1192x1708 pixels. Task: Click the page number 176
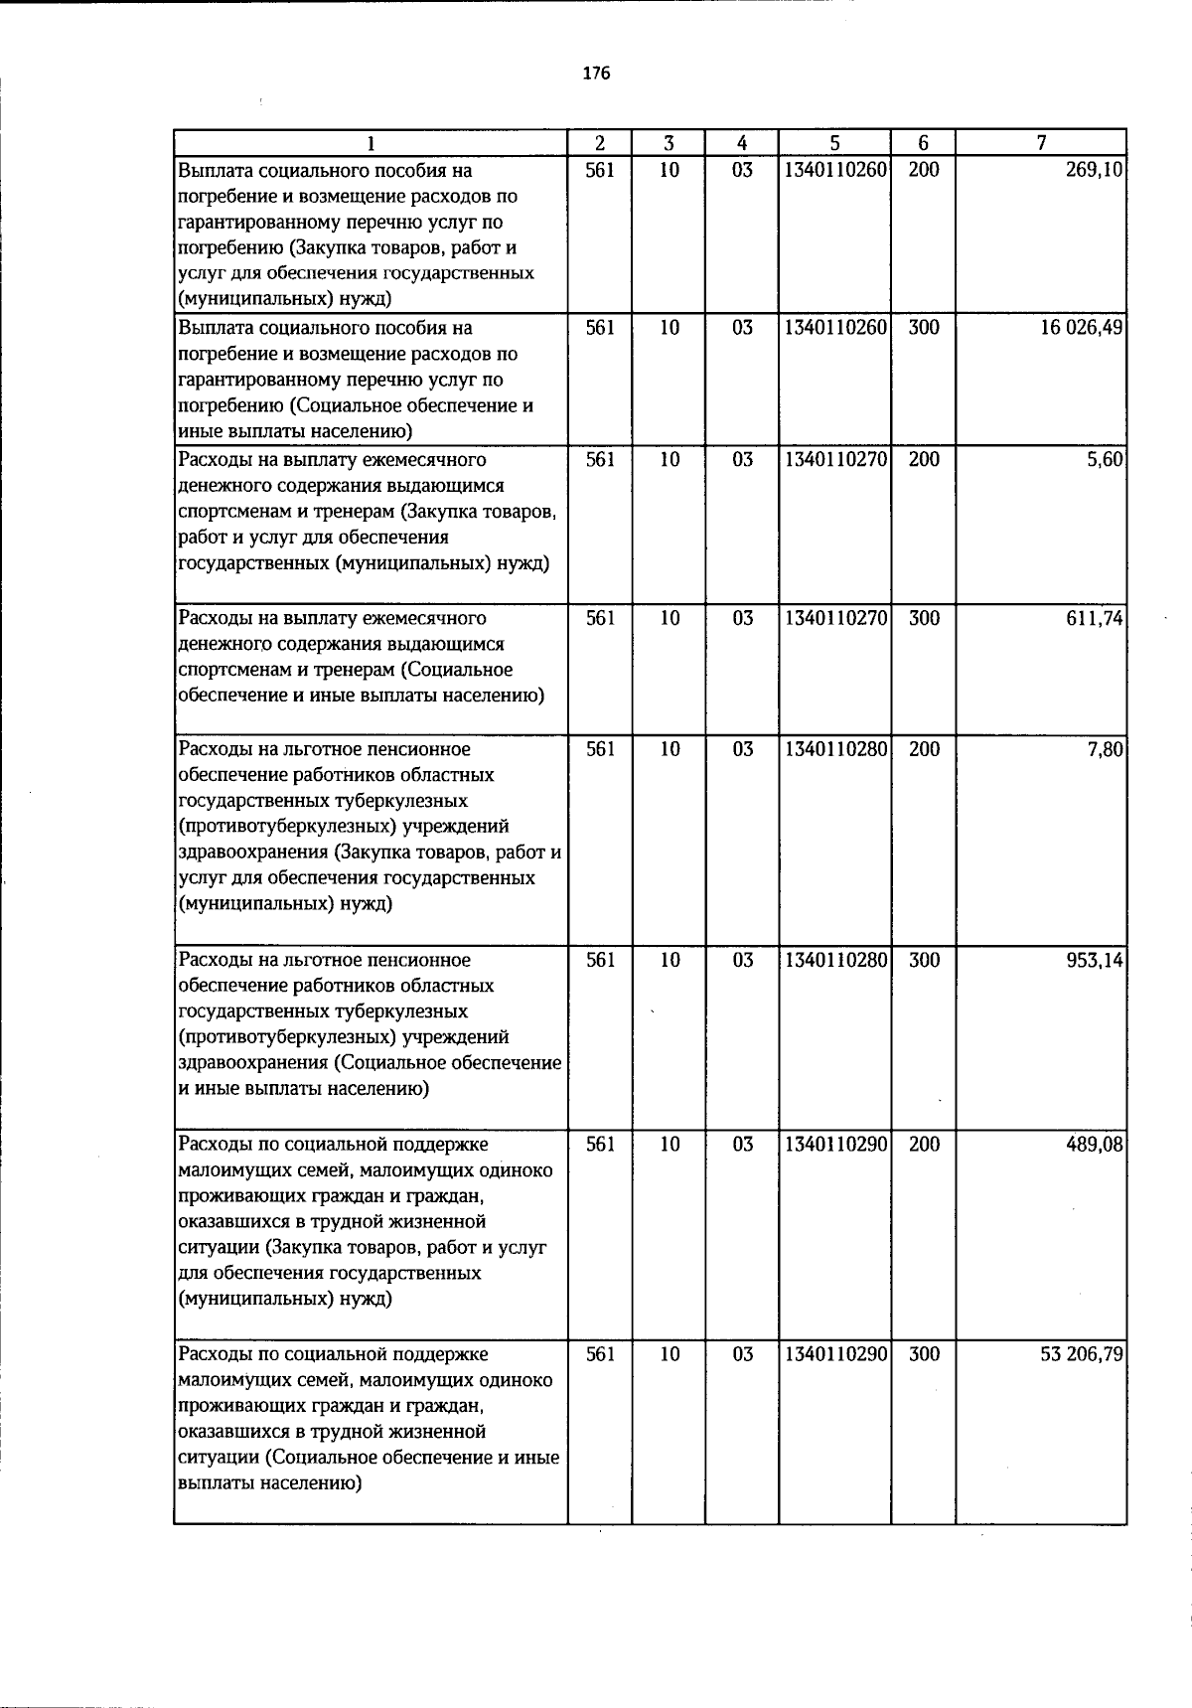596,74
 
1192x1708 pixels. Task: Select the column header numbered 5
834,143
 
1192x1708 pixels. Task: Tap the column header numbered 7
1040,143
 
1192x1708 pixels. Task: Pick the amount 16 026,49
1082,328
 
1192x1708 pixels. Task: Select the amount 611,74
1097,618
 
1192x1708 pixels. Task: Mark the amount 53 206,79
1082,1355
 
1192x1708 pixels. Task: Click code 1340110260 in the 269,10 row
834,170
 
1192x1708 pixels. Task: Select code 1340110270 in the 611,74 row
834,618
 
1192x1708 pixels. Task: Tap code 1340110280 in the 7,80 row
834,749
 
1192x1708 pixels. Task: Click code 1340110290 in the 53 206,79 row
834,1355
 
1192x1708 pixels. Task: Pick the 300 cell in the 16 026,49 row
923,328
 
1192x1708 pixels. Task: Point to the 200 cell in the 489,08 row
923,1145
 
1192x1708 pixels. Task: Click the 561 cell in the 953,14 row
600,961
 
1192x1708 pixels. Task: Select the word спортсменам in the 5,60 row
227,512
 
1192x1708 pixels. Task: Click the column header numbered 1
371,143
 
